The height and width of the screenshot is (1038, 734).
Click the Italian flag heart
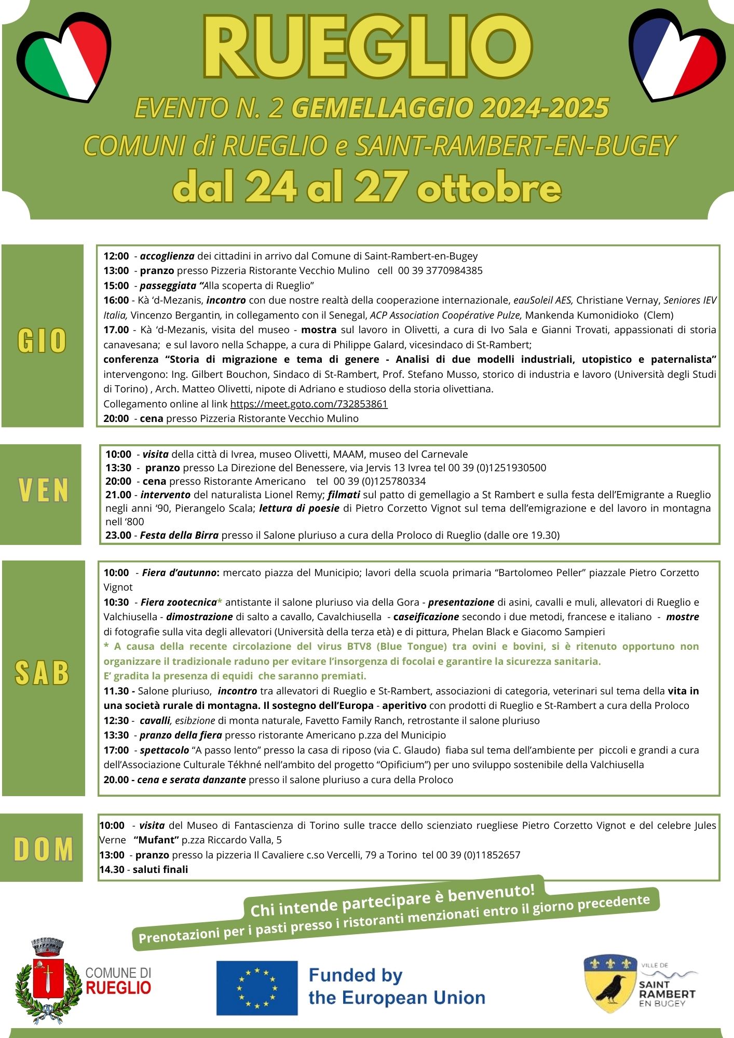coord(63,58)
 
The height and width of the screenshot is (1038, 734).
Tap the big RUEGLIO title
coord(368,48)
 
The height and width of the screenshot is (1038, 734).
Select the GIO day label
coord(42,340)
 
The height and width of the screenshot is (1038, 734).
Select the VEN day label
coord(44,490)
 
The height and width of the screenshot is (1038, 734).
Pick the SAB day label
coord(43,673)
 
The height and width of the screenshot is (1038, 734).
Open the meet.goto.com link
coord(309,404)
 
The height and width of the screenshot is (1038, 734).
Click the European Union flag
coord(256,988)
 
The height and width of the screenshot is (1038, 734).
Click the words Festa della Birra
coord(179,535)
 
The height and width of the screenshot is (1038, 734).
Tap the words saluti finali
coord(160,869)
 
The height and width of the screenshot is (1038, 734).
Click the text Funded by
coord(356,975)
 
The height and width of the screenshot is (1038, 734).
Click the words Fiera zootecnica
coord(179,602)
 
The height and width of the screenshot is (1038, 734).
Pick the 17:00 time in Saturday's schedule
coord(116,750)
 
